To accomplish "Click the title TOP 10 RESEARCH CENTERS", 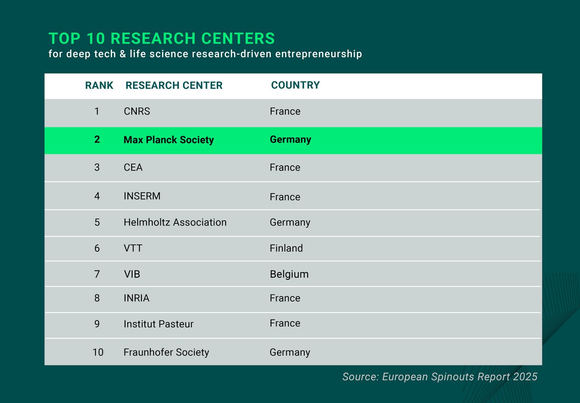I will pos(162,39).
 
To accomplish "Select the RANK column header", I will pos(99,85).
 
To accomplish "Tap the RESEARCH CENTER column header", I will pos(174,85).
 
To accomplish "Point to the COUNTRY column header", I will pos(295,85).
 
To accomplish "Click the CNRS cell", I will pos(137,111).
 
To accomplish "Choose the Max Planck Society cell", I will pos(168,140).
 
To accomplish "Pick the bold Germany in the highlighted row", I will pos(290,140).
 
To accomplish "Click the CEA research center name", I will pos(133,167).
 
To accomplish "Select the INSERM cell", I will pos(142,196).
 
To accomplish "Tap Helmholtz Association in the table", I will pos(175,222).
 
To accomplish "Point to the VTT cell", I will pos(133,248).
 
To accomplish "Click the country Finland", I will pos(286,248).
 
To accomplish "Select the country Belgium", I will pos(289,274).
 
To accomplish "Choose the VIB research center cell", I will pos(132,274).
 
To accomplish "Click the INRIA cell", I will pos(136,298).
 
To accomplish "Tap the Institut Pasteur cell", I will pos(158,324).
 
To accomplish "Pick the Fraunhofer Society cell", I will pos(166,352).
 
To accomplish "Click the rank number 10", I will pos(98,352).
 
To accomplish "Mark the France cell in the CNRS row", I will pos(285,111).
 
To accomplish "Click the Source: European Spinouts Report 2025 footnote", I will pos(439,376).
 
